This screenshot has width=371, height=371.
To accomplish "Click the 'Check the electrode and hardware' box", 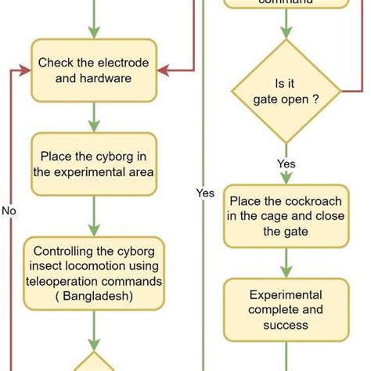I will click(x=94, y=70).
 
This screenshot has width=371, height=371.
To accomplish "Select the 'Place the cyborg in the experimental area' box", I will click(x=94, y=164).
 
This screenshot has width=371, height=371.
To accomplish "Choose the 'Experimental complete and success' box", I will click(x=286, y=309).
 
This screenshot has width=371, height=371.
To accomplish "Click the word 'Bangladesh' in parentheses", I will click(x=94, y=296).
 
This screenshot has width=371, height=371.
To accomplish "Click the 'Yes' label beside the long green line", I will click(x=205, y=193).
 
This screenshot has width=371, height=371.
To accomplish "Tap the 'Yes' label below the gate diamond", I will click(x=286, y=164).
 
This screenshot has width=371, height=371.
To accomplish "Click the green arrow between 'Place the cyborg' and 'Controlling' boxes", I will click(x=94, y=216).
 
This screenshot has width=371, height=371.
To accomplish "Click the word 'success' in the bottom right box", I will click(x=286, y=324).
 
